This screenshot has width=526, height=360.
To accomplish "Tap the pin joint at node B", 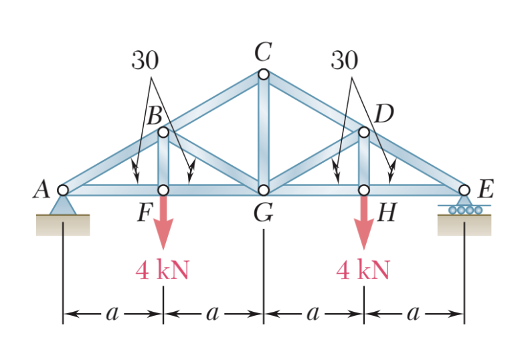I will pos(163,132).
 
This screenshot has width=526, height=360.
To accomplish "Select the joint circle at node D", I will pos(363,132).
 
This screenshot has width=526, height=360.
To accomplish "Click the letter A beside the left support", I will pos(42,190).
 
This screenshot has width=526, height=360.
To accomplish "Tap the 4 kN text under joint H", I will pos(363,270).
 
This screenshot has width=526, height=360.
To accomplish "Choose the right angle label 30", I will pos(344,61).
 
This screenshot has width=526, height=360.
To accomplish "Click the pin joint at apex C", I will pos(263,74).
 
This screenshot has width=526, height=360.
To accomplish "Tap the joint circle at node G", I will pos(263,190).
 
